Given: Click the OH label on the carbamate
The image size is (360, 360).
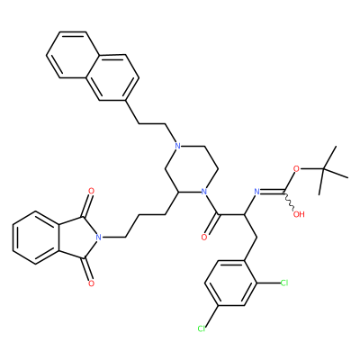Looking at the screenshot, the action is click(299, 214).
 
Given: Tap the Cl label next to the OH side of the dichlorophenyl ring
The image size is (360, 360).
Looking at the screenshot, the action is click(283, 283).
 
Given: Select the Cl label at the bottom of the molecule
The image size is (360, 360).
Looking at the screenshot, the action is click(202, 328).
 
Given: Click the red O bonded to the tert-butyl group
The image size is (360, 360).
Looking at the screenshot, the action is click(296, 168).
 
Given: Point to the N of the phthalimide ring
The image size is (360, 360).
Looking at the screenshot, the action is click(97, 237).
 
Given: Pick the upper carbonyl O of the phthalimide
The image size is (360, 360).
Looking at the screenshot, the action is click(91, 191).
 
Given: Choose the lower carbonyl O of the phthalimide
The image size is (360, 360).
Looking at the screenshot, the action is click(91, 283).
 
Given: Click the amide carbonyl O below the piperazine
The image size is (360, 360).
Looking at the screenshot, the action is click(204, 238).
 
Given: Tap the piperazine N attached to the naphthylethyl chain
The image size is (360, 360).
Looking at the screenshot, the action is click(177, 146).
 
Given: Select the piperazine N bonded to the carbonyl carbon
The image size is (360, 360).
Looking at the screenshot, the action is click(204, 191).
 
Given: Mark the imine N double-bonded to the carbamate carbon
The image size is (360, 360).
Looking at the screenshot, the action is click(256, 191).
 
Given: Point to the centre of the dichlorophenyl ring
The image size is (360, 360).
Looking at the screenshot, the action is click(230, 283).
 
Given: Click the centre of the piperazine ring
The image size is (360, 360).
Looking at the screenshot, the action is click(191, 168).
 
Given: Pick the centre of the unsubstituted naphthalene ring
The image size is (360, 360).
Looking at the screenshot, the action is click(73, 55).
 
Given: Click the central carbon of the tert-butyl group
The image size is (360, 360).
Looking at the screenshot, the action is click(323, 169).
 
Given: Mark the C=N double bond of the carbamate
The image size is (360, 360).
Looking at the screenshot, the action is click(272, 192).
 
